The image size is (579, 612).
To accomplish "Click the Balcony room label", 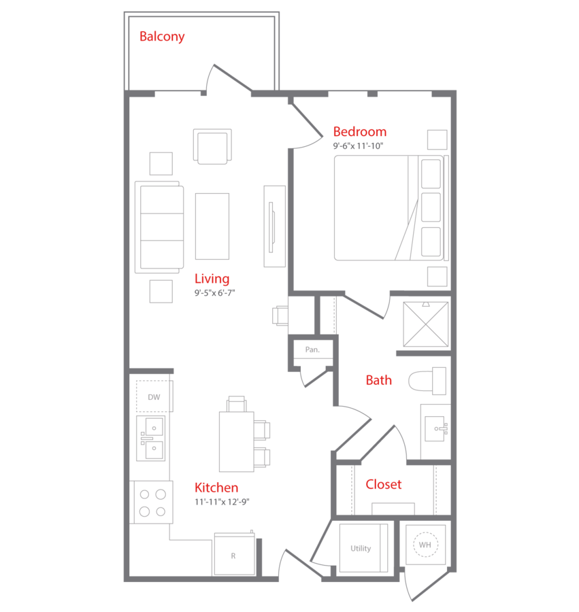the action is coord(162,37).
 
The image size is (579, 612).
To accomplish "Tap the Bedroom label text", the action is coord(359,131).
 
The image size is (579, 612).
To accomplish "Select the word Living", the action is coord(212,278).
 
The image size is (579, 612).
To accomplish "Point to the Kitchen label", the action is coord(216,488).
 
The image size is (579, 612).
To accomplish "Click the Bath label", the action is coord(378,380).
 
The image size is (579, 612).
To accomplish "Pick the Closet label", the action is coord(384,484).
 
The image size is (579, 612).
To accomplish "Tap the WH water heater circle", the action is coord(425,544).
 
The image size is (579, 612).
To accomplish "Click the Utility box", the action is coord(361,548).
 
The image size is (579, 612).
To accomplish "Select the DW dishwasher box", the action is coord(154,397).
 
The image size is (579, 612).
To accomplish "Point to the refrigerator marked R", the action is coord(233,555).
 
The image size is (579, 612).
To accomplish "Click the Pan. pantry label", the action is coord(312,350).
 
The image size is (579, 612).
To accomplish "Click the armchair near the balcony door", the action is coord(212,146).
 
